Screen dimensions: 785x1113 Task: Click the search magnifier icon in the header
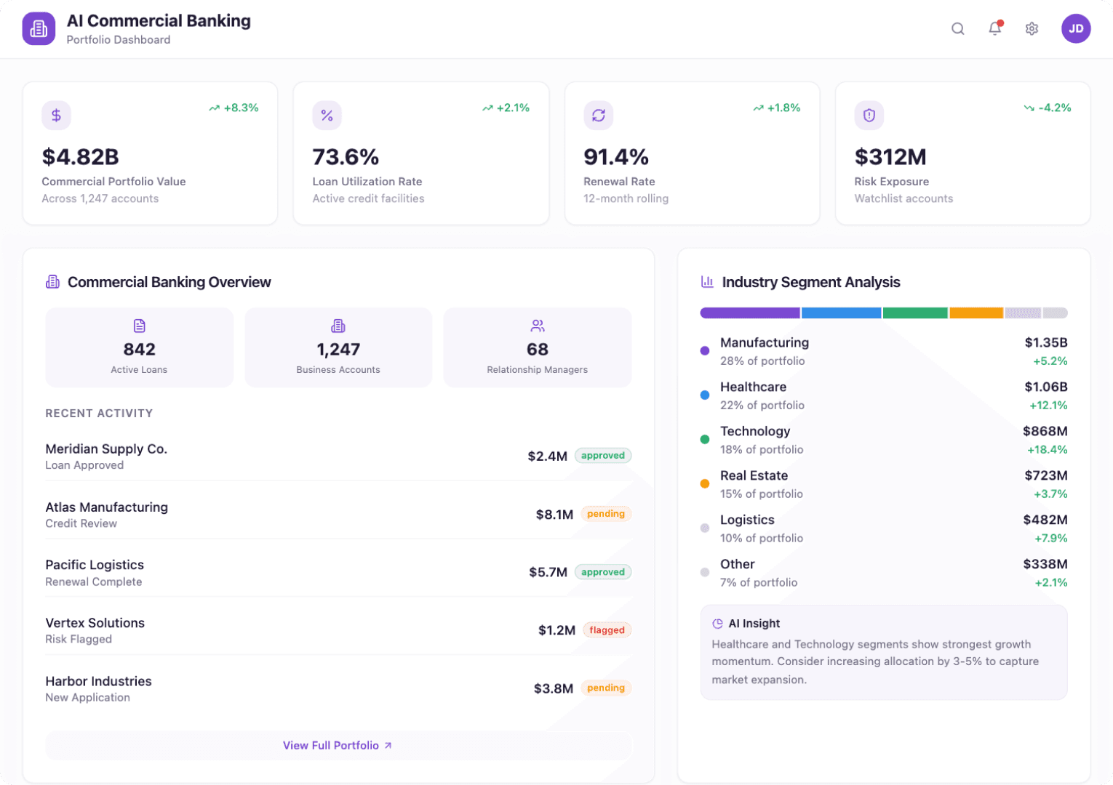958,29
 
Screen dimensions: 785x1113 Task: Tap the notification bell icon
994,29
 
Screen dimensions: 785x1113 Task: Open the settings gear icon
1032,29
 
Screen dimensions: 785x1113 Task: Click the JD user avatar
1075,29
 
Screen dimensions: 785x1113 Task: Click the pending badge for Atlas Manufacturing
605,514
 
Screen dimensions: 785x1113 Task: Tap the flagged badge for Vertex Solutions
607,630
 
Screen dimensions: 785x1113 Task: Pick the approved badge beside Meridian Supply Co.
602,456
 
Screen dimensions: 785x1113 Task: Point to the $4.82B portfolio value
80,157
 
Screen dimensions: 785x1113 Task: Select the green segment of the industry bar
914,313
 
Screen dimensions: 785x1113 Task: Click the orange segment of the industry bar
976,313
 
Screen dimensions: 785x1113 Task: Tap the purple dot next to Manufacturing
704,351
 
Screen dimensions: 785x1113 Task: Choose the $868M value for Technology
1045,431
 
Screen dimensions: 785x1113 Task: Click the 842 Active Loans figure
139,350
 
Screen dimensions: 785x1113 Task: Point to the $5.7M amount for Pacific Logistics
548,572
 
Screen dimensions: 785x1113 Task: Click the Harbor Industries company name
98,681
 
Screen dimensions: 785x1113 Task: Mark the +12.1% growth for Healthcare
1048,405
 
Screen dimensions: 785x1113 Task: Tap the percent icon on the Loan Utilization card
327,116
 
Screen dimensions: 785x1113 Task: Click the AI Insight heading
754,624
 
